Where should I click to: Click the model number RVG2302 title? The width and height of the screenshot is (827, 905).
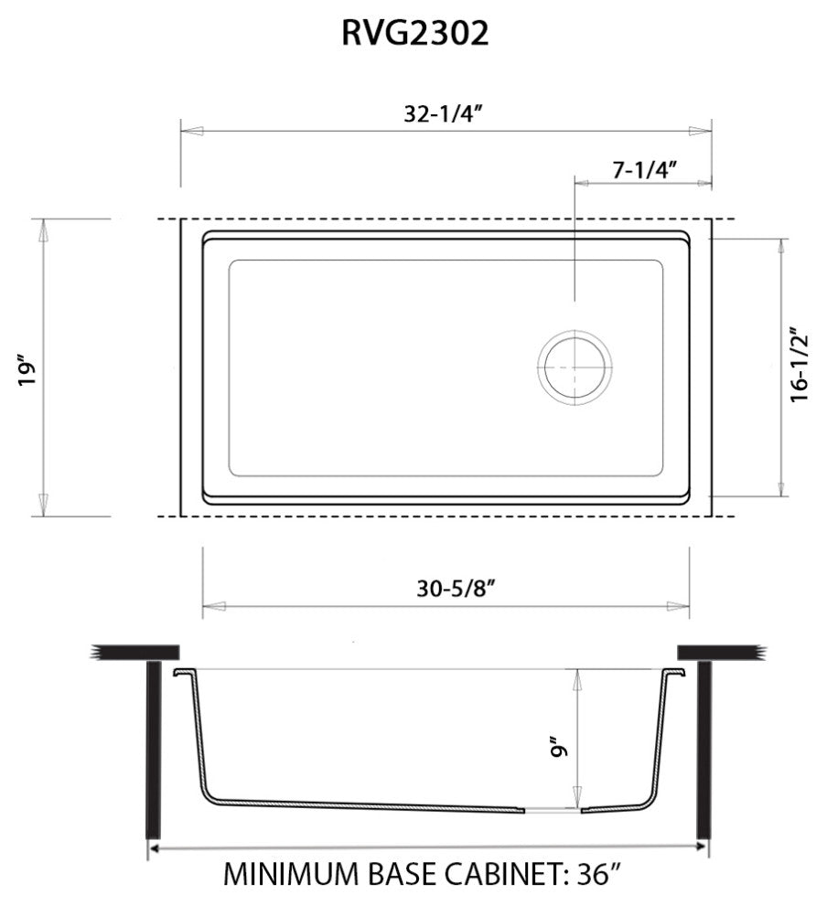[x=414, y=34]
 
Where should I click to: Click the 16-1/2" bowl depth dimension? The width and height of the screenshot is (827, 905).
[x=801, y=365]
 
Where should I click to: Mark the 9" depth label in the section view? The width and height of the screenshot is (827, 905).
[x=559, y=748]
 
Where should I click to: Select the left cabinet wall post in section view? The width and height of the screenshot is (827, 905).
[x=154, y=750]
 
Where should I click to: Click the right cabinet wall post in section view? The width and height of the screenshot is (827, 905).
[x=703, y=750]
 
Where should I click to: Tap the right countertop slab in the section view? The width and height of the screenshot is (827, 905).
[x=718, y=651]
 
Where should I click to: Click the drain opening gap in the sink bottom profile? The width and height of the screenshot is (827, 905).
[x=552, y=809]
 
